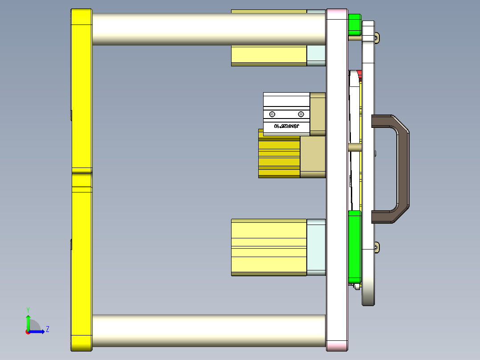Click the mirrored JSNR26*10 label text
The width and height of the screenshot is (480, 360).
pyautogui.click(x=286, y=127)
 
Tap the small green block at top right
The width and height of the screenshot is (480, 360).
pyautogui.click(x=354, y=25)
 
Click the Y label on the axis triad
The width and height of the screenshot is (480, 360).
pyautogui.click(x=28, y=309)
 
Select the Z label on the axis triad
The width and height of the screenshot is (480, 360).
pyautogui.click(x=47, y=329)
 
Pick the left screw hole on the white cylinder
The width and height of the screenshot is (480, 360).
pyautogui.click(x=272, y=113)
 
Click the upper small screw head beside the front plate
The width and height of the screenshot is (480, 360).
pyautogui.click(x=377, y=38)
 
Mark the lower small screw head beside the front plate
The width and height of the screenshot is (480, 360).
pyautogui.click(x=377, y=247)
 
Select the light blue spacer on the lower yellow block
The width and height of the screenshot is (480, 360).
pyautogui.click(x=316, y=247)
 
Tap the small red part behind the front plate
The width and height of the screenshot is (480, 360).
pyautogui.click(x=359, y=73)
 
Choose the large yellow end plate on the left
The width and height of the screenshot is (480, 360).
pyautogui.click(x=81, y=178)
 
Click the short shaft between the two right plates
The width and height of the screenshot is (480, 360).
pyautogui.click(x=354, y=147)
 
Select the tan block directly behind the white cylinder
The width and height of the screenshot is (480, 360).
pyautogui.click(x=317, y=114)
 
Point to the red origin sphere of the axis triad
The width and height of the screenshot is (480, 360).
pyautogui.click(x=28, y=332)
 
